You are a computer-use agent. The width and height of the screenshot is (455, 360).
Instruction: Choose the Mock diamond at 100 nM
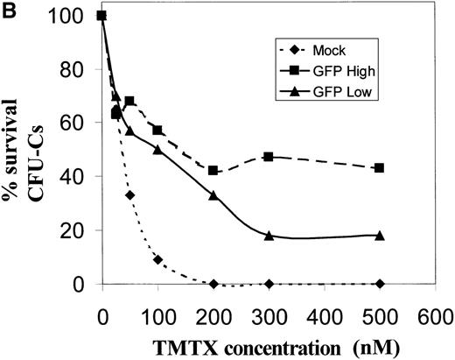click(x=157, y=259)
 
